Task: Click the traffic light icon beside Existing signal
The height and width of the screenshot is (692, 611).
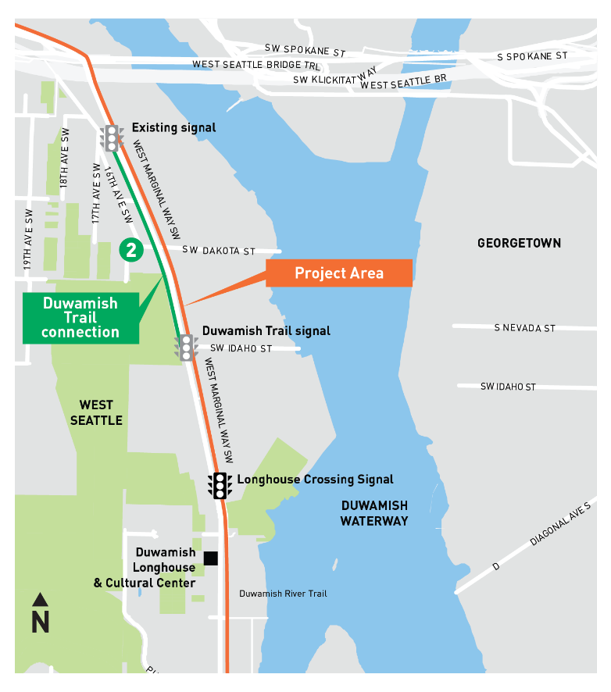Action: point(112,137)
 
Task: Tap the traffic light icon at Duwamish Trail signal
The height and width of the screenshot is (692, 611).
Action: point(187,347)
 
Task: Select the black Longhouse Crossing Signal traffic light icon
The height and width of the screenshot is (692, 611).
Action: point(220,485)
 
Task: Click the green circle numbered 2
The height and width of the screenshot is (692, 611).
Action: point(130,250)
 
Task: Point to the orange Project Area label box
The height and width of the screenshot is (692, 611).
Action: point(338,273)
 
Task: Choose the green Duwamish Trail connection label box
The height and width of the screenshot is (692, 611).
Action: point(80,317)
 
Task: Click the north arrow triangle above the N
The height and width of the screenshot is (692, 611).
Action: point(41,600)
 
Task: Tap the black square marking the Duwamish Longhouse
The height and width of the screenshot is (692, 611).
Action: point(209,558)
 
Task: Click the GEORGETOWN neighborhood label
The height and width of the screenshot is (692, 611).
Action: point(519,243)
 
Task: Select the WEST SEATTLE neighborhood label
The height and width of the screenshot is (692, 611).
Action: point(96,412)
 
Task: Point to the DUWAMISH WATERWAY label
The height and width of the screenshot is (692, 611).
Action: point(373,513)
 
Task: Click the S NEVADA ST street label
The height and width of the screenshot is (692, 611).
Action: point(524,328)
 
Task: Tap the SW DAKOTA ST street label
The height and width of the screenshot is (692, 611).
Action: point(219,251)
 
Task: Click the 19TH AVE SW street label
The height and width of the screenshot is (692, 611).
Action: point(28,239)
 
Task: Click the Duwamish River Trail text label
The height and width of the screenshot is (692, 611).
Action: point(283,594)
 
